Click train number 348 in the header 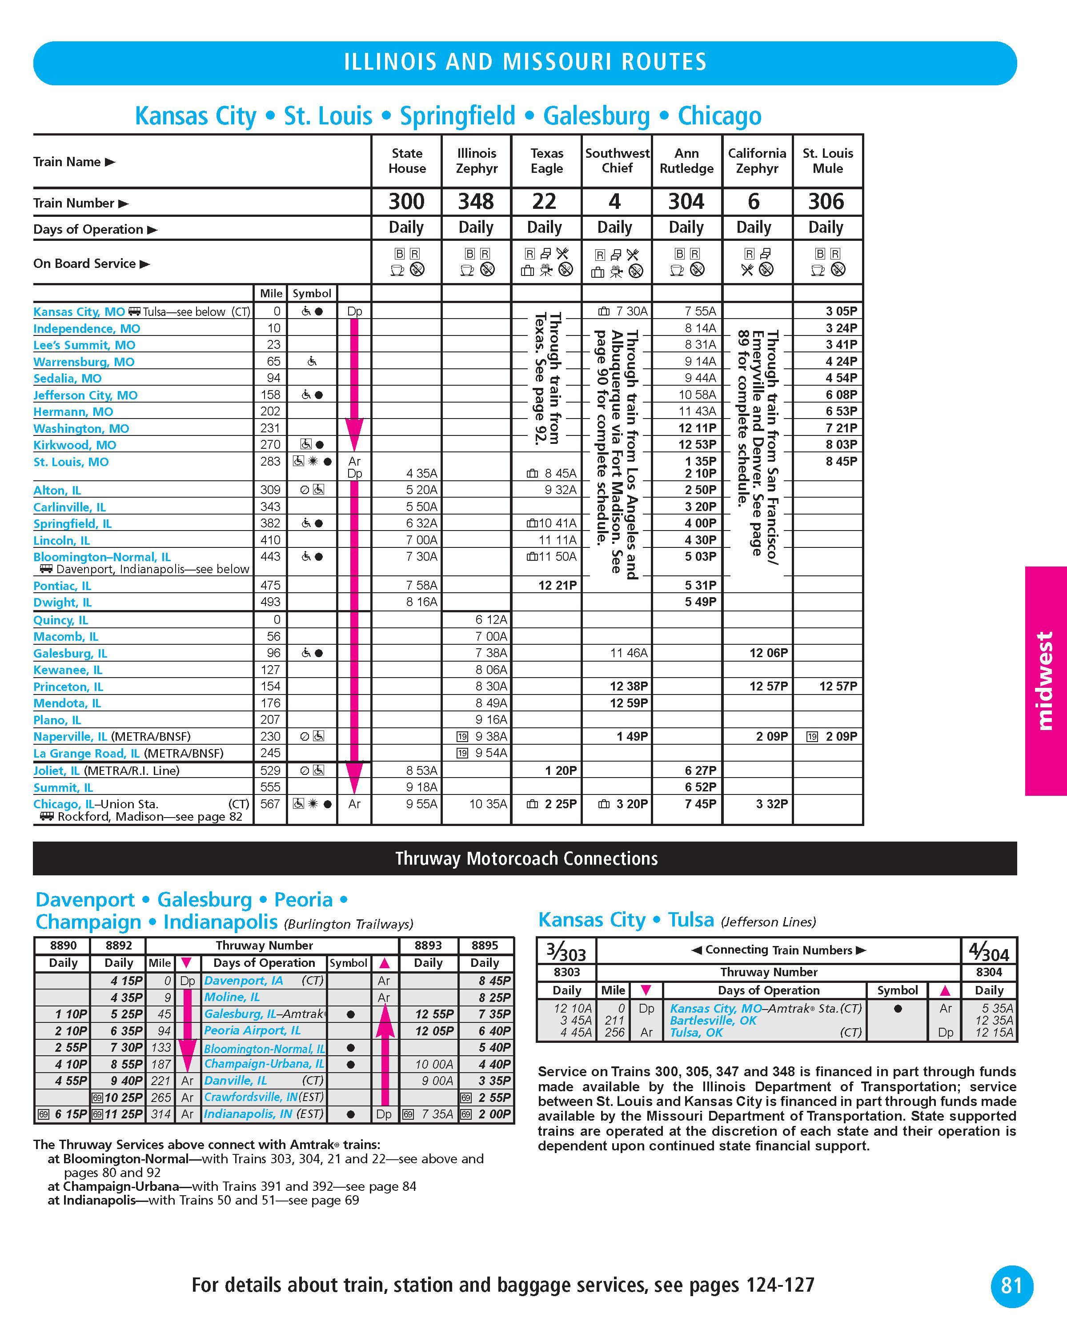point(476,202)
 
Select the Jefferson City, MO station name point(85,395)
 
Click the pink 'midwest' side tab point(1045,680)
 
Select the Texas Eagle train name point(547,161)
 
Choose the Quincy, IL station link point(60,620)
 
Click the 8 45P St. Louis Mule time point(841,461)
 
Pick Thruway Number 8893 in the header point(428,946)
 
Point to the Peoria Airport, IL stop point(253,1031)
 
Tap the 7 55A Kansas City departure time point(700,311)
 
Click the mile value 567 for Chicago point(270,804)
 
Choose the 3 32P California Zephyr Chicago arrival point(771,804)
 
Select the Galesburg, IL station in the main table point(70,654)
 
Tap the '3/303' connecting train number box point(566,951)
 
